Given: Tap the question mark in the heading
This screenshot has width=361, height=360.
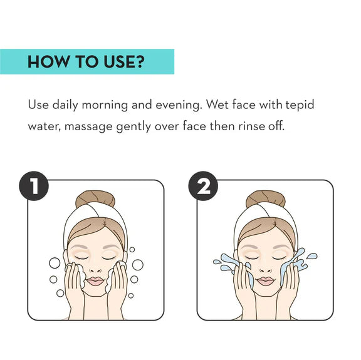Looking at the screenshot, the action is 140,61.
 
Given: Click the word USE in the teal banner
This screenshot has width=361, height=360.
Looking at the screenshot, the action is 119,61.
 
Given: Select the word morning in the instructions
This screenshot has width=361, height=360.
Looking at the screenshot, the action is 105,105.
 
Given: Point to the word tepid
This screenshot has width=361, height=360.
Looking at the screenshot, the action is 300,105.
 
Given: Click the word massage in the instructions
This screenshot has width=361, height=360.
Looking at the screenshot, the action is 88,127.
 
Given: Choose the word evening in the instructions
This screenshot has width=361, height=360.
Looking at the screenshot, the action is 178,105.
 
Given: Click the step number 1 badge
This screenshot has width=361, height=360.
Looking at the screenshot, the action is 34,186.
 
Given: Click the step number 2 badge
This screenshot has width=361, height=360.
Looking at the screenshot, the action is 203,186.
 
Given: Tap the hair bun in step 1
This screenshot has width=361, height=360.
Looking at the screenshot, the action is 95,198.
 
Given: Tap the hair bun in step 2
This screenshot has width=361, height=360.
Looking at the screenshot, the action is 266,198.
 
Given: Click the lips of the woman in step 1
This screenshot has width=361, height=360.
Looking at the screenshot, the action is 95,281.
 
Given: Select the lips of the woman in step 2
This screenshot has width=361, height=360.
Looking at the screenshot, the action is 265,281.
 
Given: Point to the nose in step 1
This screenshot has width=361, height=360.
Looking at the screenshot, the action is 95,269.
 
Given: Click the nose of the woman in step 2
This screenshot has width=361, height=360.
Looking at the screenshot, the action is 266,269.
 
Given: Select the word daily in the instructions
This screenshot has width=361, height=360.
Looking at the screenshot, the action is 65,105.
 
